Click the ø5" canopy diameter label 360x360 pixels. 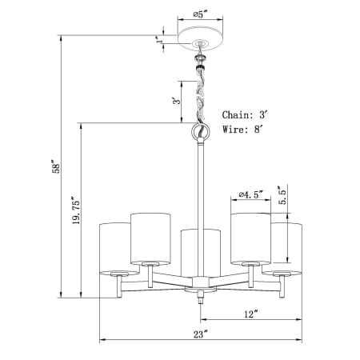pos(199,14)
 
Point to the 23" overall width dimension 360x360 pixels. pos(201,334)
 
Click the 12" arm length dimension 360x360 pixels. pos(251,314)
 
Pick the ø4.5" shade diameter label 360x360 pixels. pos(251,194)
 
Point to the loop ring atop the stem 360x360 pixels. pos(200,133)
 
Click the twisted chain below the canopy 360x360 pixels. pos(200,88)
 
